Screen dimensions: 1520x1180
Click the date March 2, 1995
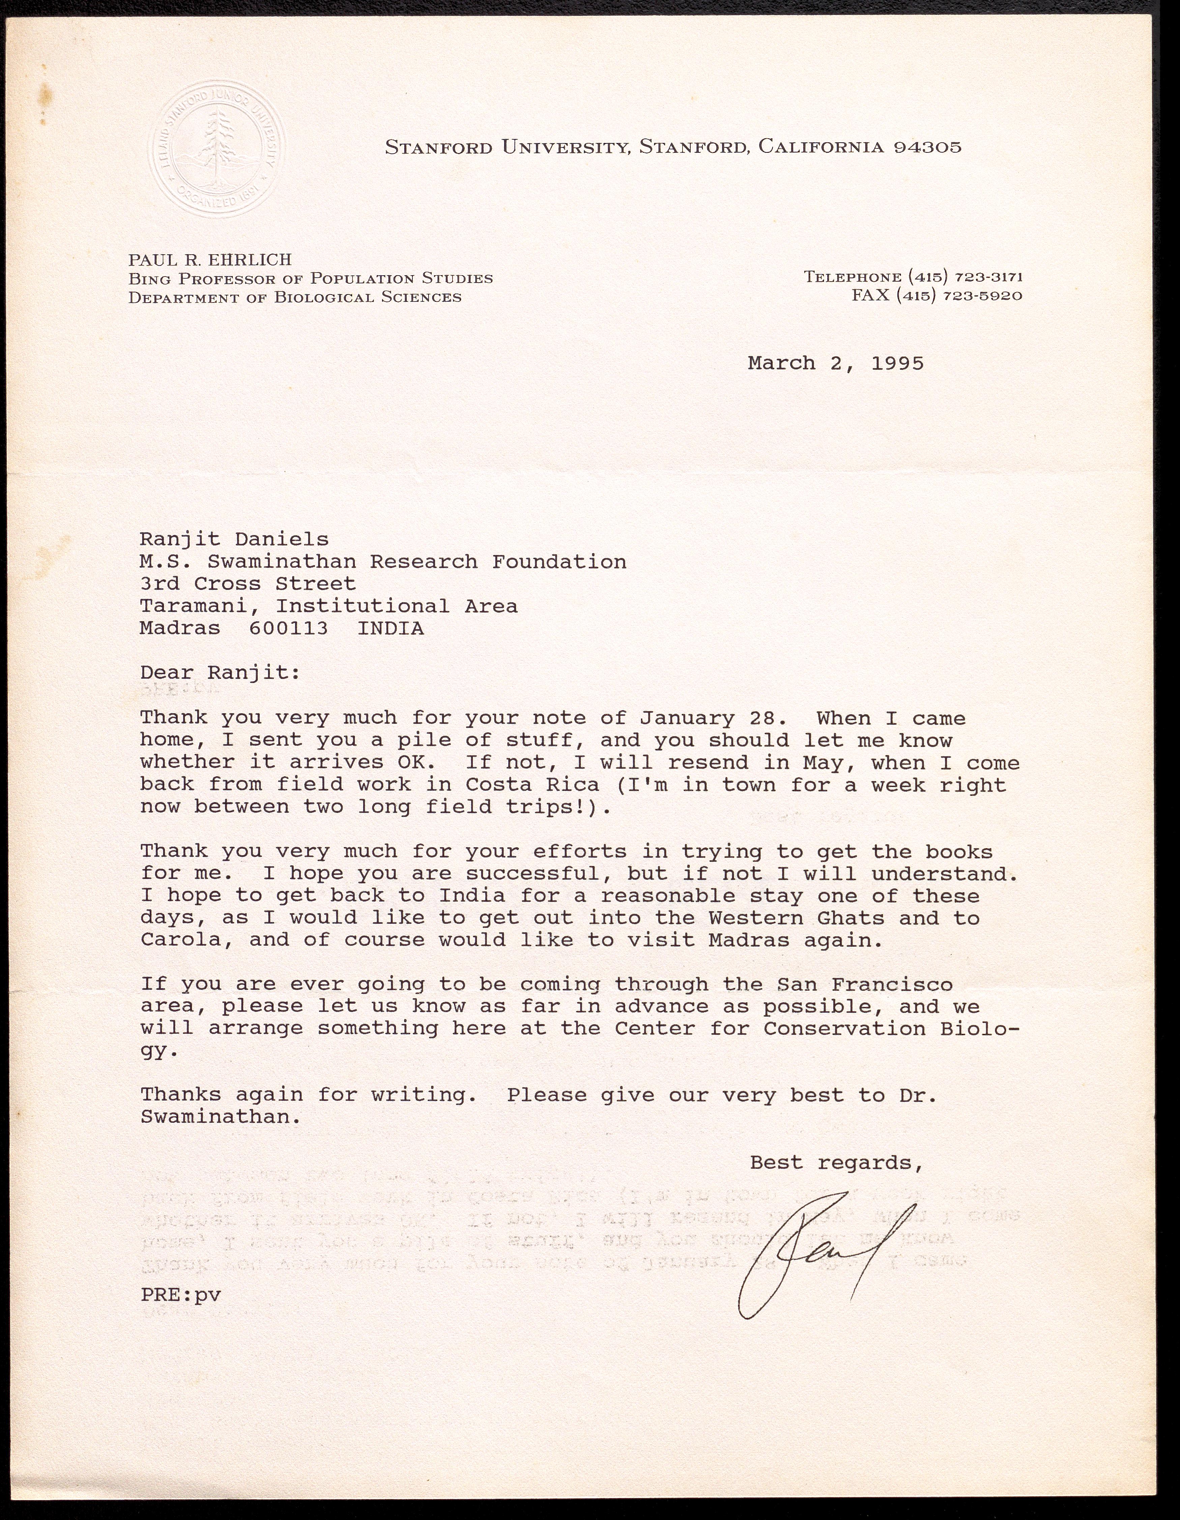(x=836, y=363)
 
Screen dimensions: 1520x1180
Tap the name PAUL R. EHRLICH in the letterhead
(x=209, y=260)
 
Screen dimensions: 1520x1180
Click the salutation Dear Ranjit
(x=220, y=673)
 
